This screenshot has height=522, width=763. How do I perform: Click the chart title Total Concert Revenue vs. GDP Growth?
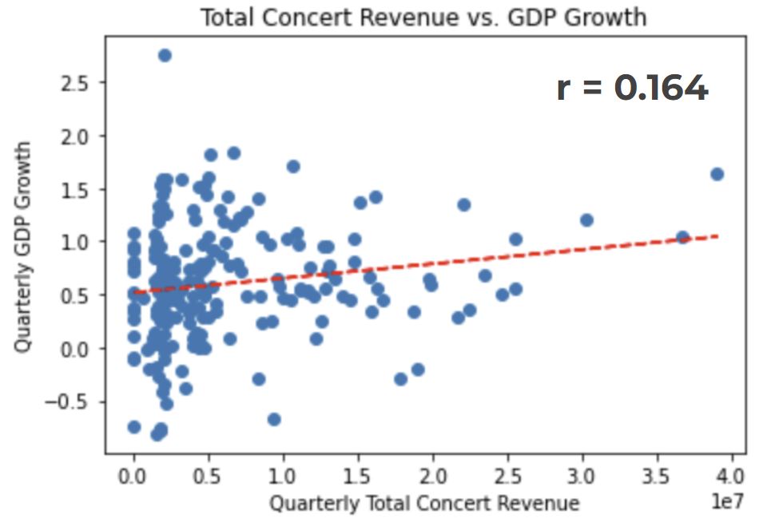pos(423,17)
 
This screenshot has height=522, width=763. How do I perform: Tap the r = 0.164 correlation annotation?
pos(632,88)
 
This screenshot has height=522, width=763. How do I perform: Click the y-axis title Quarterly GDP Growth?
pos(23,247)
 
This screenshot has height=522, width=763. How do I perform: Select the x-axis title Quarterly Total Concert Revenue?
pos(423,503)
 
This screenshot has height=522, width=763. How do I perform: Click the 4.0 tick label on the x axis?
pos(732,477)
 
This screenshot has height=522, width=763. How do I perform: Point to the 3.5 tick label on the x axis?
pos(657,477)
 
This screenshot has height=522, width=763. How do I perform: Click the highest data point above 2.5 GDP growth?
pos(165,55)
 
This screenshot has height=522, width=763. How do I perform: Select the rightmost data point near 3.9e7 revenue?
pos(717,174)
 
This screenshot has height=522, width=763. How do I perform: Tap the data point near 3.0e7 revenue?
pos(586,219)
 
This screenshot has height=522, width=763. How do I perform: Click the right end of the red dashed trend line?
pos(717,235)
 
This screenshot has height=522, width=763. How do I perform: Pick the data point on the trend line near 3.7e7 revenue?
pos(682,237)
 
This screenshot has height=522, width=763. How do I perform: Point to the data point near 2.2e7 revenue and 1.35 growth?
pos(463,204)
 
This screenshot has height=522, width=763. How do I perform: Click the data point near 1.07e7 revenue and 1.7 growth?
pos(293,166)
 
